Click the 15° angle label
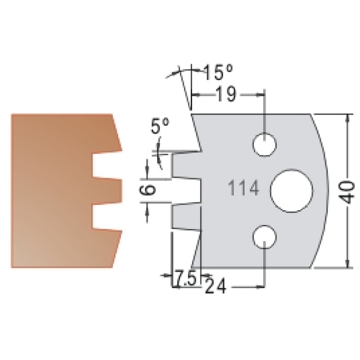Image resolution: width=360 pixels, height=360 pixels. tap(218, 72)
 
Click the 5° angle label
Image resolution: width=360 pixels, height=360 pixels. tap(160, 126)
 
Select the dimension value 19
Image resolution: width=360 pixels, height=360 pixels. tap(226, 94)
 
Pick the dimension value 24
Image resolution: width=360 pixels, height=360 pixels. tap(216, 286)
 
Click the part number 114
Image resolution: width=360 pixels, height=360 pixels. tap(244, 188)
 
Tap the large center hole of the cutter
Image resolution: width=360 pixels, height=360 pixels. tap(292, 190)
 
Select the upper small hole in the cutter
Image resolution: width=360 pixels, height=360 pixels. tap(264, 144)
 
